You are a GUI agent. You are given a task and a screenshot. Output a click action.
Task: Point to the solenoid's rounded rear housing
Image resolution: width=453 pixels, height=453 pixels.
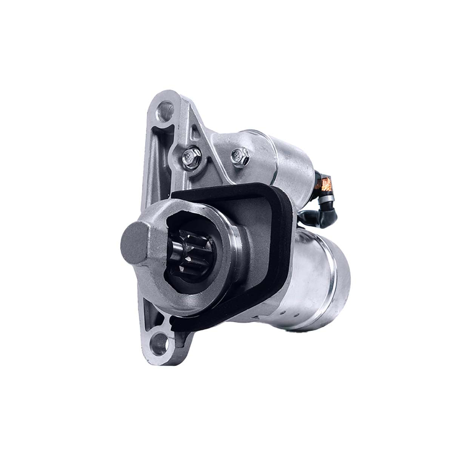294,159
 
